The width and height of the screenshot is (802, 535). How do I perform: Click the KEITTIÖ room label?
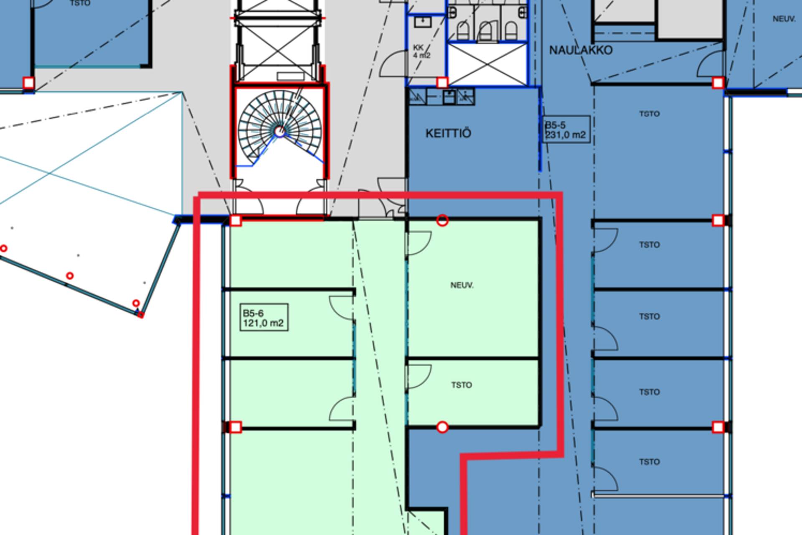pos(448,133)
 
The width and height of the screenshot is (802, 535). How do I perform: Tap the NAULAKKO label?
pos(581,50)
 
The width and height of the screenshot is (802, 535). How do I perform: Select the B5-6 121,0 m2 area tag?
pos(264,318)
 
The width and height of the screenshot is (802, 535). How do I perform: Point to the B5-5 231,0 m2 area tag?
pos(566,130)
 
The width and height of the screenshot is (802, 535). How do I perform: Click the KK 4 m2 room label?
pos(421,51)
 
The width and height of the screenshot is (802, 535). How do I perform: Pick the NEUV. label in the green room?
pos(462,285)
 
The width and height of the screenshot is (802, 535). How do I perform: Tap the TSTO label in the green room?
pos(462,385)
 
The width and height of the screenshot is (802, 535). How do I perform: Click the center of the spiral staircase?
pos(280,131)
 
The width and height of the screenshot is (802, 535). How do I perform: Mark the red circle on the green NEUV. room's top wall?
pos(442,220)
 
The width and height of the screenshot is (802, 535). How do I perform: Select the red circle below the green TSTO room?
pos(442,427)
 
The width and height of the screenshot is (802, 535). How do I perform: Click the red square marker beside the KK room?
pos(442,82)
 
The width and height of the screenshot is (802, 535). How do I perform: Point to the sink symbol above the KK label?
pos(423,21)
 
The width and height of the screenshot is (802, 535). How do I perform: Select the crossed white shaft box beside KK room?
pos(487,64)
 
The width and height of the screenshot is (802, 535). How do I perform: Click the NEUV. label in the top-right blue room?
pos(784,19)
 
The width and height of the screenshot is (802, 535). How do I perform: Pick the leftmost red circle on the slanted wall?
pos(3,249)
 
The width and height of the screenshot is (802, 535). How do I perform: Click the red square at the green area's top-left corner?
pos(236,220)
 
